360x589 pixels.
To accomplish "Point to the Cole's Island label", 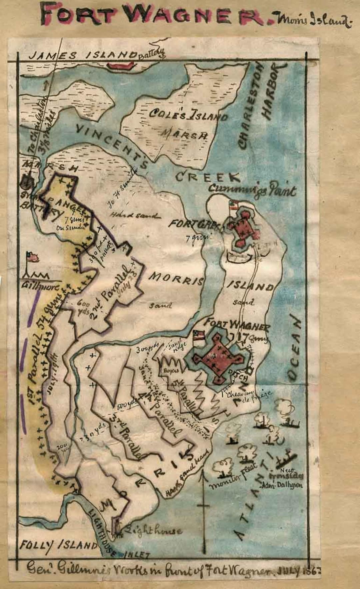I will point(188,115).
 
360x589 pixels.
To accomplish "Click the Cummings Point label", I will point(252,191).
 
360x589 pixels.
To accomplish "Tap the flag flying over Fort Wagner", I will point(199,335).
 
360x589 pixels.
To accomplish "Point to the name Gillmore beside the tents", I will point(40,286).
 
